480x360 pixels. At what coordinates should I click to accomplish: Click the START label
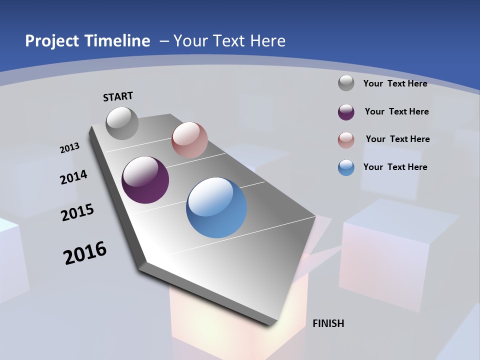(x=118, y=96)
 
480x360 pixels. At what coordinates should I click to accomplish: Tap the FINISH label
(x=328, y=323)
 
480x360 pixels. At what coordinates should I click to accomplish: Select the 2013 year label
(x=69, y=148)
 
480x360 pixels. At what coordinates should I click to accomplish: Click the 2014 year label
(x=73, y=177)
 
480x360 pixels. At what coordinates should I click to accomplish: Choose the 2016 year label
(x=85, y=253)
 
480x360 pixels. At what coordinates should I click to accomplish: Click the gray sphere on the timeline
(x=122, y=123)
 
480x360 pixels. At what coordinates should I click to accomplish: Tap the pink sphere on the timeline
(x=189, y=140)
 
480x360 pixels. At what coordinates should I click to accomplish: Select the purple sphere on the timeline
(x=145, y=180)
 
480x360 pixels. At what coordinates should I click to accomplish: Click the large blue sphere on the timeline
(x=216, y=207)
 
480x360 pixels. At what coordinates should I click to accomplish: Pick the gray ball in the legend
(x=346, y=83)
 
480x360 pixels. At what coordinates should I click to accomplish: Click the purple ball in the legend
(x=346, y=111)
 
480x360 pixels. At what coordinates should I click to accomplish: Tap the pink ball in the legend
(x=346, y=139)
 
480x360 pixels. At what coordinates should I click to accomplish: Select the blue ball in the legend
(x=346, y=167)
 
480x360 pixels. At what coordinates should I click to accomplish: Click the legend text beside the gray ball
(x=395, y=83)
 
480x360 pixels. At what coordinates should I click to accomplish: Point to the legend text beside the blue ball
(x=395, y=167)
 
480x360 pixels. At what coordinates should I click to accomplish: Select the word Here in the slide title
(x=267, y=40)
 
